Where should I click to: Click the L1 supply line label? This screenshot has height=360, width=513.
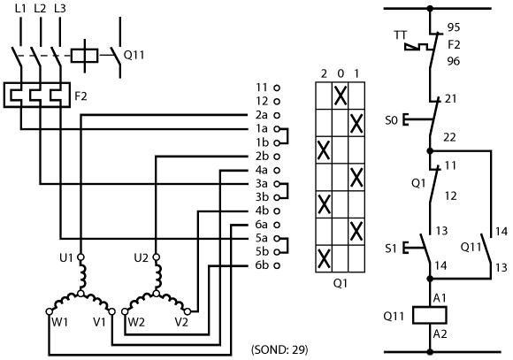click(20, 9)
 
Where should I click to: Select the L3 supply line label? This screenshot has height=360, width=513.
click(60, 9)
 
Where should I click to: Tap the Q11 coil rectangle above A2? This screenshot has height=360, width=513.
click(430, 315)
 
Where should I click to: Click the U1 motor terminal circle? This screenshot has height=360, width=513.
click(80, 257)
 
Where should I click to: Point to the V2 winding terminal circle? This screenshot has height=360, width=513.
click(188, 311)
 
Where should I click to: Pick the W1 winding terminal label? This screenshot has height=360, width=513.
click(60, 322)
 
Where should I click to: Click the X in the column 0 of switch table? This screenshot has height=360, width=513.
click(341, 96)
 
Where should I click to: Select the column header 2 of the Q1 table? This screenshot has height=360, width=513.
click(324, 74)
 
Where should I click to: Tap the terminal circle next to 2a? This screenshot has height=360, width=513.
click(277, 115)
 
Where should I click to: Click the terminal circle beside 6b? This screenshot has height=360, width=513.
click(277, 265)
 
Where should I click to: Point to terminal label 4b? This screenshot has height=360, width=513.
click(262, 211)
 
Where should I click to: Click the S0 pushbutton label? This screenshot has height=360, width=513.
click(391, 120)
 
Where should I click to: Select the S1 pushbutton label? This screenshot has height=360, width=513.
click(391, 249)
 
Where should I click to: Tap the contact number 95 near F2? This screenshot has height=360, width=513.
click(454, 27)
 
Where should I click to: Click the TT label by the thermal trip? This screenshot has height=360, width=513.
click(401, 35)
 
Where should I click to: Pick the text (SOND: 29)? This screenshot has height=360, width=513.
click(279, 349)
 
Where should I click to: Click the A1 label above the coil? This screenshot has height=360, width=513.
click(440, 298)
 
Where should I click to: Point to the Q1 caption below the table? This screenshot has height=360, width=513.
click(341, 283)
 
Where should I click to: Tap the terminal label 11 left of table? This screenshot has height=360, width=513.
click(262, 88)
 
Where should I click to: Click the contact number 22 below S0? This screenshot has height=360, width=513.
click(449, 137)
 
